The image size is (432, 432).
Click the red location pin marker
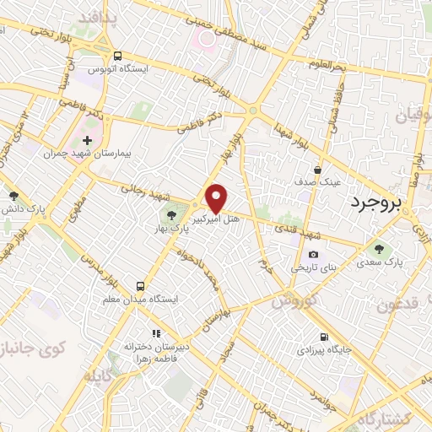(x=217, y=198)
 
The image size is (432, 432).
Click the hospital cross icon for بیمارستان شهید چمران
(x=87, y=139)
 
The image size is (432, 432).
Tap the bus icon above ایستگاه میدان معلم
(x=141, y=284)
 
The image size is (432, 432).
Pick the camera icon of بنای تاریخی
(x=314, y=254)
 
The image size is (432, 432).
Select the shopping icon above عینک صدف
(x=318, y=170)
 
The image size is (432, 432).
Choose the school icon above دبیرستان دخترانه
(x=154, y=334)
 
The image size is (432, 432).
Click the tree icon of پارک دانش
(x=8, y=194)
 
